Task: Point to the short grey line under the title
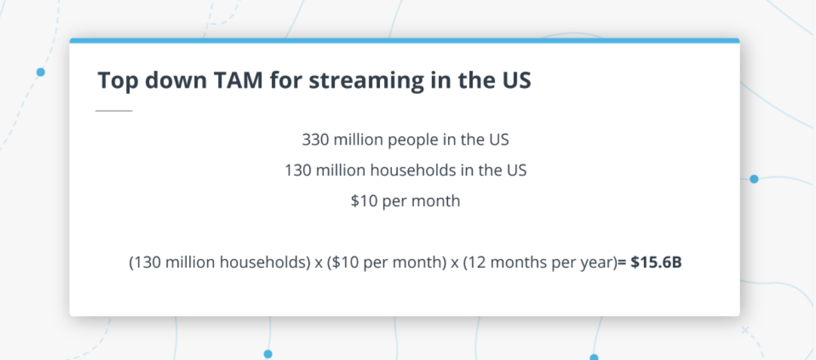pos(114,111)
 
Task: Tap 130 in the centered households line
pos(298,170)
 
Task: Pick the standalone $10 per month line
pos(405,201)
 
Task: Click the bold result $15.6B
pos(656,262)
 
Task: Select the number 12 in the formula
pos(475,262)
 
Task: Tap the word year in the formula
pos(597,262)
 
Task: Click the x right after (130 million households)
pos(319,263)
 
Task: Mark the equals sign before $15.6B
pos(622,262)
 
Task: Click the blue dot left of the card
pos(41,72)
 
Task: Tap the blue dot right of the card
pos(754,179)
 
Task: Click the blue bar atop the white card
pos(405,41)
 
